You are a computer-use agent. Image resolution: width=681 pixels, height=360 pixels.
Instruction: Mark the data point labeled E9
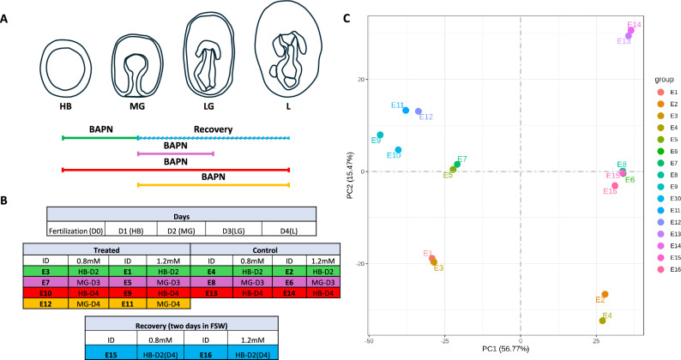(380, 135)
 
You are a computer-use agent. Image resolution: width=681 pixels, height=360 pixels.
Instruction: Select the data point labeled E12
(419, 111)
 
